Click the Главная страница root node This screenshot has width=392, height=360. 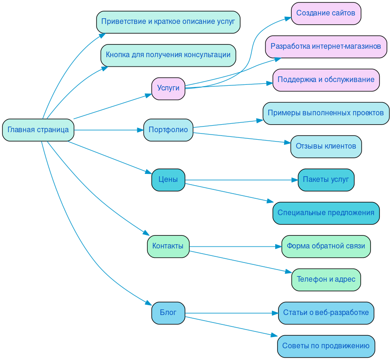pyautogui.click(x=38, y=130)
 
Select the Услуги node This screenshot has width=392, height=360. pyautogui.click(x=168, y=88)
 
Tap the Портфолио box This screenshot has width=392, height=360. pyautogui.click(x=168, y=130)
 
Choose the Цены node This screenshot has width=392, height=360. pyautogui.click(x=168, y=180)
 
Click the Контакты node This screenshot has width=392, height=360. pyautogui.click(x=168, y=246)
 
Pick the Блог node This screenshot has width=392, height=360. pyautogui.click(x=168, y=313)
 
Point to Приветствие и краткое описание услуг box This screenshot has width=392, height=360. pyautogui.click(x=168, y=22)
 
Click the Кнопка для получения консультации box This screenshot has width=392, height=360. pyautogui.click(x=168, y=55)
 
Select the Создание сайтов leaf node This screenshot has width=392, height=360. pyautogui.click(x=326, y=13)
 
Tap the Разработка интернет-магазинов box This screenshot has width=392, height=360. pyautogui.click(x=326, y=46)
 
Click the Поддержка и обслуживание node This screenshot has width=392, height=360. pyautogui.click(x=326, y=80)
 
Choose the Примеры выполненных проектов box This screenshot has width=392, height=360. pyautogui.click(x=326, y=113)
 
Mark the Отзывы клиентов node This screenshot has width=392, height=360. pyautogui.click(x=326, y=146)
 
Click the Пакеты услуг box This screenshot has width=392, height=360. pyautogui.click(x=326, y=180)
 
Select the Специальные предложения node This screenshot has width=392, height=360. pyautogui.click(x=326, y=213)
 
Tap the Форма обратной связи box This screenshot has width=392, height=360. pyautogui.click(x=326, y=246)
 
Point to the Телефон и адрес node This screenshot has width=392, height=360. pyautogui.click(x=326, y=279)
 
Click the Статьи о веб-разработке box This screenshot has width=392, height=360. pyautogui.click(x=326, y=313)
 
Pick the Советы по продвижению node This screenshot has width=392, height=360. pyautogui.click(x=326, y=346)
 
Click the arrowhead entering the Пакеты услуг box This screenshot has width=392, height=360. pyautogui.click(x=294, y=180)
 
